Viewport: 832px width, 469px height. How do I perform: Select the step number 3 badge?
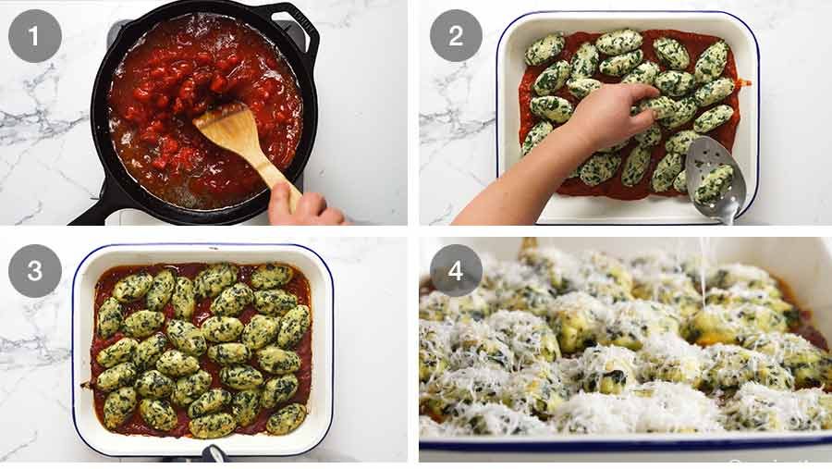click(x=35, y=271)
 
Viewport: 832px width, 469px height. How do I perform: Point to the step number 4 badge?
click(x=456, y=271)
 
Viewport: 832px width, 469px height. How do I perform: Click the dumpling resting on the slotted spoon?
click(x=714, y=183)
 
